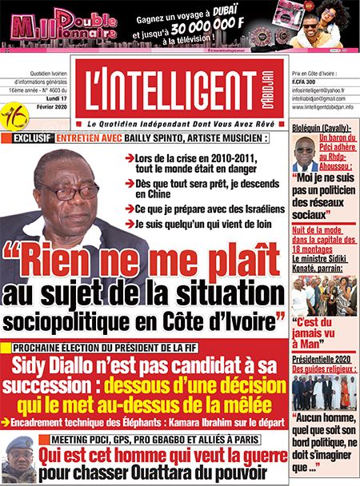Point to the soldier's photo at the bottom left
[18, 460]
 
